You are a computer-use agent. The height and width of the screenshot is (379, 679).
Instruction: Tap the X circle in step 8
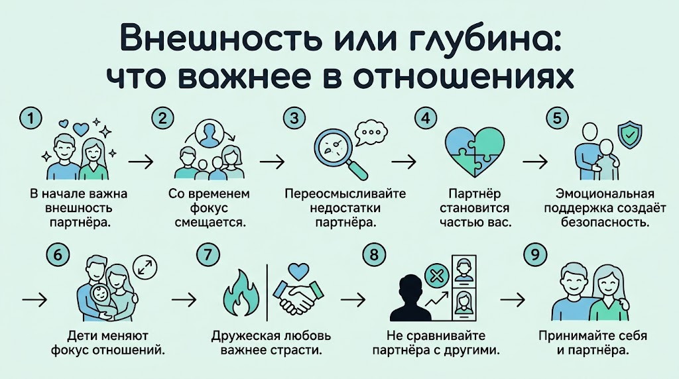click(x=435, y=278)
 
